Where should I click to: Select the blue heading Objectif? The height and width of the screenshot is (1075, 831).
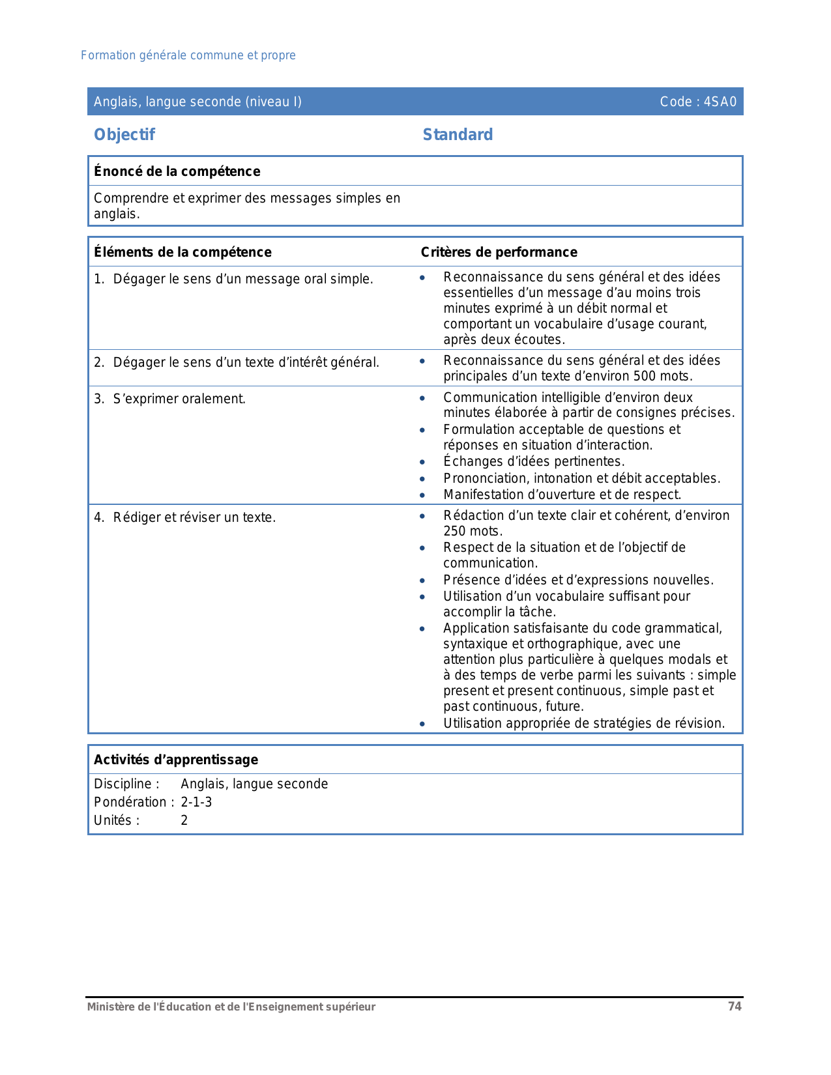coord(124,135)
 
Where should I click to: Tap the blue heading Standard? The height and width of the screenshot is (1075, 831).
coord(458,135)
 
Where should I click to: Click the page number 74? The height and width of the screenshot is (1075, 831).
coord(735,1007)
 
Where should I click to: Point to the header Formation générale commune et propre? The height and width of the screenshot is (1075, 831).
coord(188,55)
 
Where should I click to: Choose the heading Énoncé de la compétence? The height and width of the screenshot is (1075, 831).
coord(177,171)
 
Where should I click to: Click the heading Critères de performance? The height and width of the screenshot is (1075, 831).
coord(499,252)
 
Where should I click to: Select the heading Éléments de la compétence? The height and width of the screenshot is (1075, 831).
coord(182,252)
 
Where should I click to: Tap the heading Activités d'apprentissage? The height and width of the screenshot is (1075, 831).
coord(176,760)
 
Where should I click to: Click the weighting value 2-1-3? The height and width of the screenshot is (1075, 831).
coord(196,802)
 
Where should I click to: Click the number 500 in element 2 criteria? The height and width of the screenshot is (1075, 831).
coord(644,376)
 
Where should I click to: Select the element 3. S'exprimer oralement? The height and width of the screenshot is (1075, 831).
coord(170,399)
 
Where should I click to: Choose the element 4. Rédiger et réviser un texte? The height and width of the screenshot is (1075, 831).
coord(185,517)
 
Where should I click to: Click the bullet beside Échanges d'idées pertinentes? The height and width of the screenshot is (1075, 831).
coord(422,462)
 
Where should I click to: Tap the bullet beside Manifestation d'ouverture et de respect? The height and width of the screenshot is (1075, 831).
coord(422,495)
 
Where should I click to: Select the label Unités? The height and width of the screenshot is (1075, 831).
coord(117,820)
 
